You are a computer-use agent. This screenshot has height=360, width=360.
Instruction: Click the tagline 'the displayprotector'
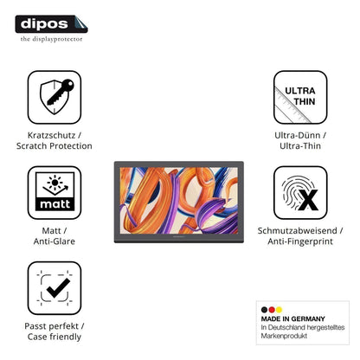51,39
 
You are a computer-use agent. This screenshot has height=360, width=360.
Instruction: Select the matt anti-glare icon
55,192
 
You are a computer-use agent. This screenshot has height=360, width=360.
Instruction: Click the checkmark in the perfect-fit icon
58,287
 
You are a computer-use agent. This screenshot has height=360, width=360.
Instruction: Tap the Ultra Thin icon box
300,97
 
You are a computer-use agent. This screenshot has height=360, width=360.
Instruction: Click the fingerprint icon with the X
300,193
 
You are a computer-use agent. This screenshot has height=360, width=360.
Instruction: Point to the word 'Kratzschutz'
51,135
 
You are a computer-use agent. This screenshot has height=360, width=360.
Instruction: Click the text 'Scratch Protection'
55,146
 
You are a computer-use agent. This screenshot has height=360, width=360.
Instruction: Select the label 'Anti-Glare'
55,241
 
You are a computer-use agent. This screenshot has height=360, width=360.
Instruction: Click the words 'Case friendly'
55,337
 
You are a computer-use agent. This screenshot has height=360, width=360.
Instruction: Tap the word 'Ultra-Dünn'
297,135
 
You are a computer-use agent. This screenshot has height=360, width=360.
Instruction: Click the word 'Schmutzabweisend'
297,230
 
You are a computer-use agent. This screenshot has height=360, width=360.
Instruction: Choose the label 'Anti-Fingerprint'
300,241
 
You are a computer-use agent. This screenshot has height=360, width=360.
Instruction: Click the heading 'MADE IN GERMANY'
292,318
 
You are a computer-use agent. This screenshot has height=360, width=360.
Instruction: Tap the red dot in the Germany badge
272,310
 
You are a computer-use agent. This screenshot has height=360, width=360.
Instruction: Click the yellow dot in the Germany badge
279,310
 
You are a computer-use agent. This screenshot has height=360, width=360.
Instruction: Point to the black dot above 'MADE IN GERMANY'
264,310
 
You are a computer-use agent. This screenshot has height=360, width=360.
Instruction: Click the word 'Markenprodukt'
284,336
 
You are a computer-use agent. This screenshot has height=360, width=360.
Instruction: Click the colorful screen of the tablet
179,200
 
